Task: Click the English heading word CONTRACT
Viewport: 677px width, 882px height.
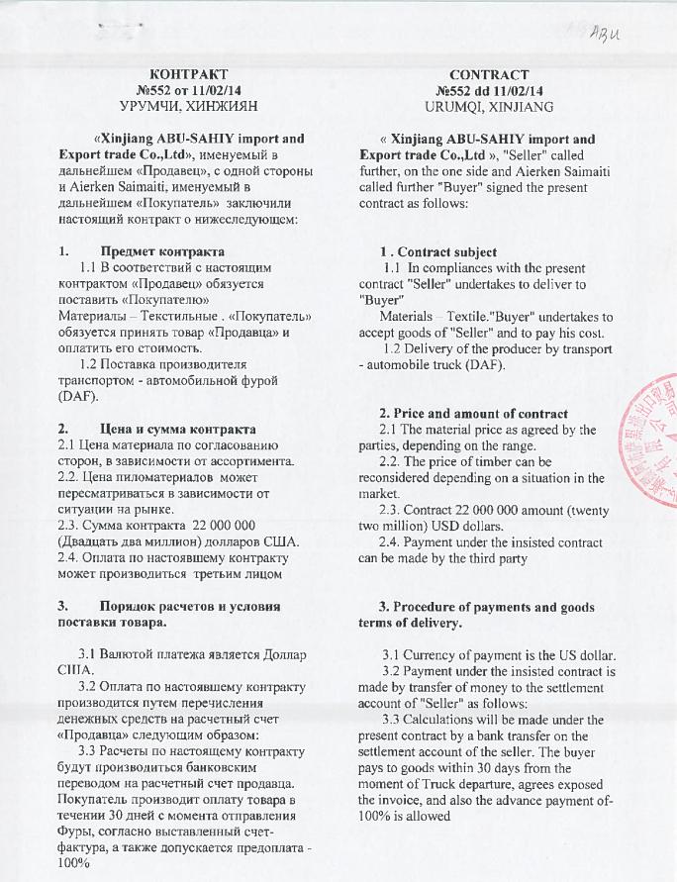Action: coord(487,75)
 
